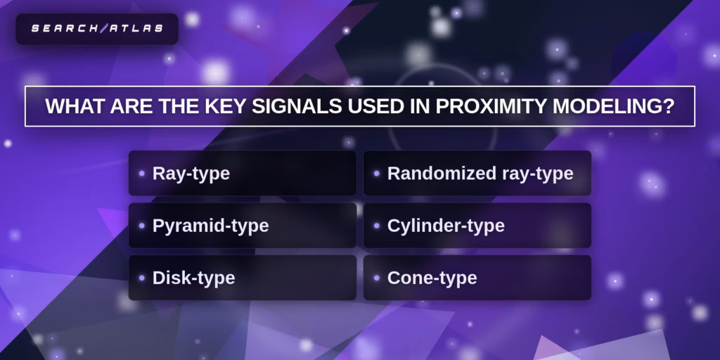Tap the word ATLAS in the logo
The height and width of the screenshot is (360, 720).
click(x=134, y=28)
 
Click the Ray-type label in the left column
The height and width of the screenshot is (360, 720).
click(x=191, y=173)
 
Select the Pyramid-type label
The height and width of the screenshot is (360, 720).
click(x=210, y=226)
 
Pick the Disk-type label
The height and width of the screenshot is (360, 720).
click(x=193, y=278)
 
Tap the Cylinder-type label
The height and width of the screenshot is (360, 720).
click(x=446, y=226)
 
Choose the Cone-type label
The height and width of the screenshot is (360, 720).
click(x=432, y=278)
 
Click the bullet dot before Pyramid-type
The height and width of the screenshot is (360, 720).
click(x=142, y=226)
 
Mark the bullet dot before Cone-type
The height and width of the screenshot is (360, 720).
click(x=377, y=278)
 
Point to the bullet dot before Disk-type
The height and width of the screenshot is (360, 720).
click(x=142, y=278)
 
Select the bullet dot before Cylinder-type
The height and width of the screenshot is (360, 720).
click(x=377, y=226)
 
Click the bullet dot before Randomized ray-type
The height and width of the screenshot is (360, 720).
click(x=377, y=173)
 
